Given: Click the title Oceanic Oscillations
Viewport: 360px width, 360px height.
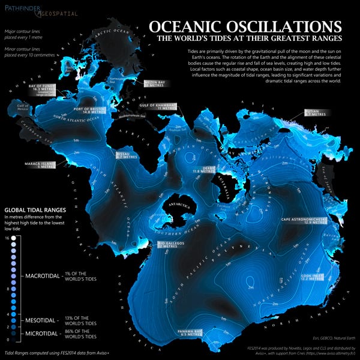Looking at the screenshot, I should click(x=245, y=27).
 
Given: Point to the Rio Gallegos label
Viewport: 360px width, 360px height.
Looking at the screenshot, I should click(x=171, y=245).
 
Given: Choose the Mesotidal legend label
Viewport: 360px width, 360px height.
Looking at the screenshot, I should click(x=43, y=319).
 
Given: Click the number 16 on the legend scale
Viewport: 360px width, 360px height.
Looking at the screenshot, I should click(x=6, y=238).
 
